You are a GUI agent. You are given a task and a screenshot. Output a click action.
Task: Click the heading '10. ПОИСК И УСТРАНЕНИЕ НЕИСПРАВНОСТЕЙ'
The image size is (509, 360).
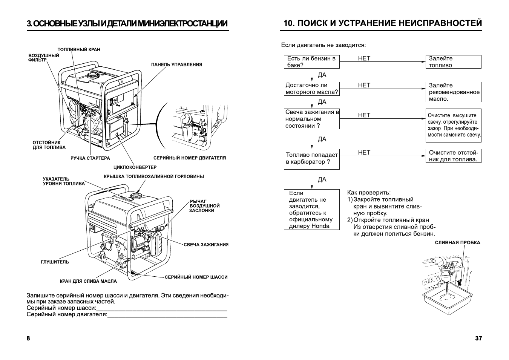click(x=382, y=23)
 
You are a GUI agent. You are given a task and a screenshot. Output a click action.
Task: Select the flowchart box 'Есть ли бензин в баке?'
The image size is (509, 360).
click(x=311, y=62)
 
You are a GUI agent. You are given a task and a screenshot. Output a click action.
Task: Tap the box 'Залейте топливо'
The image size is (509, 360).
click(x=453, y=62)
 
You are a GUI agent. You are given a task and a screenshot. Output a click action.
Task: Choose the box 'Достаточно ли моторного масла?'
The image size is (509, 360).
click(x=311, y=89)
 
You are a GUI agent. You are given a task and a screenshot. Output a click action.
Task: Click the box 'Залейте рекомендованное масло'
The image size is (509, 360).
click(x=453, y=92)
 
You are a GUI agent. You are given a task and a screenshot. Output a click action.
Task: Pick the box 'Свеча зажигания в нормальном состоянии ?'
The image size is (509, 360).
click(x=311, y=119)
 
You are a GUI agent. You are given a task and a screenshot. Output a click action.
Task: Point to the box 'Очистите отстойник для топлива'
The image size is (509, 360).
click(x=453, y=156)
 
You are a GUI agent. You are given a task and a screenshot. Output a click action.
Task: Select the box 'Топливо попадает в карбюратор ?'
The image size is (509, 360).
click(x=311, y=159)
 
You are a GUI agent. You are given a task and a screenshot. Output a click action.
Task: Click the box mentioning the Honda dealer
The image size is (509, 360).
click(x=311, y=210)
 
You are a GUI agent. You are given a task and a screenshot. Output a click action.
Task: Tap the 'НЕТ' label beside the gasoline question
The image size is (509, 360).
click(x=364, y=58)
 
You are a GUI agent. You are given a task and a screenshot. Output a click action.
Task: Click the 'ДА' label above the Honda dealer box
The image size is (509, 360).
click(x=322, y=179)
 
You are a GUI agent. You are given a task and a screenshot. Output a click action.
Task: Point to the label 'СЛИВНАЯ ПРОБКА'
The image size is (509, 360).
click(x=457, y=243)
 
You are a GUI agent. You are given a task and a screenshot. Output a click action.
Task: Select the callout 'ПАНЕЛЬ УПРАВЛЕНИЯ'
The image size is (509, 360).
click(x=176, y=64)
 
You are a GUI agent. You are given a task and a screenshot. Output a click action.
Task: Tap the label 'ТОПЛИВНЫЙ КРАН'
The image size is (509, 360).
click(x=79, y=49)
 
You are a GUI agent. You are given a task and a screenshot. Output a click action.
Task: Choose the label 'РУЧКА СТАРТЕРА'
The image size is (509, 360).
click(x=90, y=158)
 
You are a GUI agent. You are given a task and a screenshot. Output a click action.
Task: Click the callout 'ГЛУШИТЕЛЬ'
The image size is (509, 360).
click(x=55, y=262)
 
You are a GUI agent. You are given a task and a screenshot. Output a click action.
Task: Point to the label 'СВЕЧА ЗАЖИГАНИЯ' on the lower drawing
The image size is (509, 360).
click(x=206, y=245)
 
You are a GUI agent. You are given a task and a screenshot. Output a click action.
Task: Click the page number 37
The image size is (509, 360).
click(x=478, y=338)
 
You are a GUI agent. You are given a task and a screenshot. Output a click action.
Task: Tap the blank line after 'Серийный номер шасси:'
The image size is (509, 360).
click(x=161, y=308)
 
